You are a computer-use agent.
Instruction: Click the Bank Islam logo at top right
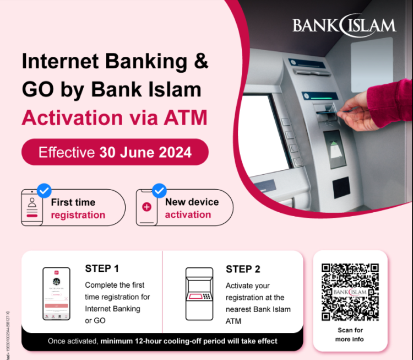click(344, 25)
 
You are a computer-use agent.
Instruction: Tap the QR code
click(350, 292)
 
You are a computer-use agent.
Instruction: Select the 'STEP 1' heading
click(102, 268)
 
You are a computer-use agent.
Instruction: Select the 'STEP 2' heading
click(243, 269)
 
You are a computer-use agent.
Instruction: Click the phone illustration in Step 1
click(57, 294)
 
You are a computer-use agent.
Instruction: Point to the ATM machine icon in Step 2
click(198, 294)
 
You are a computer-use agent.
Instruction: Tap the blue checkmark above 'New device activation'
click(160, 191)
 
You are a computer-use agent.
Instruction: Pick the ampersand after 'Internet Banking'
click(201, 61)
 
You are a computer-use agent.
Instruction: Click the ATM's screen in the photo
click(270, 132)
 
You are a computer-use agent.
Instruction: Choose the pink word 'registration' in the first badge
click(78, 215)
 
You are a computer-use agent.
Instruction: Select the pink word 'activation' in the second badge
click(187, 214)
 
